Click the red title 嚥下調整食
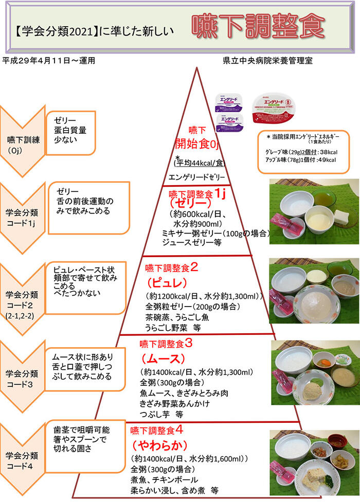258,25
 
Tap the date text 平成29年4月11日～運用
49,60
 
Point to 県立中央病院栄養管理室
267,60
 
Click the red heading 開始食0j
197,144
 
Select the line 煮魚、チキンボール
168,480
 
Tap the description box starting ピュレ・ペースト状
85,289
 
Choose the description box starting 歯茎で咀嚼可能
85,441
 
